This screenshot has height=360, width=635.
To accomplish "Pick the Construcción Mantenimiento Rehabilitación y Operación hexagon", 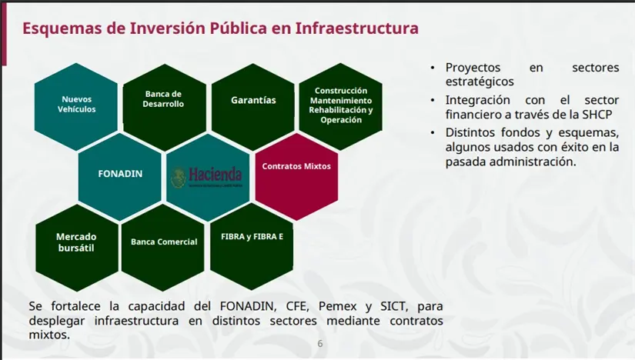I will (x=340, y=105).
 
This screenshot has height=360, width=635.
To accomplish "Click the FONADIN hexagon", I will (x=120, y=174).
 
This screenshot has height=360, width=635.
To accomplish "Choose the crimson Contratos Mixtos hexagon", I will (x=296, y=166).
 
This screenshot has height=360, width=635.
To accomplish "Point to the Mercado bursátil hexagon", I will (x=76, y=242).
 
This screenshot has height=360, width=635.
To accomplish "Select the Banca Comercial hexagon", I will (x=163, y=242).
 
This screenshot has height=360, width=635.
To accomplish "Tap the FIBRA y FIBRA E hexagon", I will (x=252, y=237).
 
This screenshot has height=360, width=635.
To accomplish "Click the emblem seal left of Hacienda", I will (x=178, y=178).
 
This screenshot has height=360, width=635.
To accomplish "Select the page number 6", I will (x=320, y=344).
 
